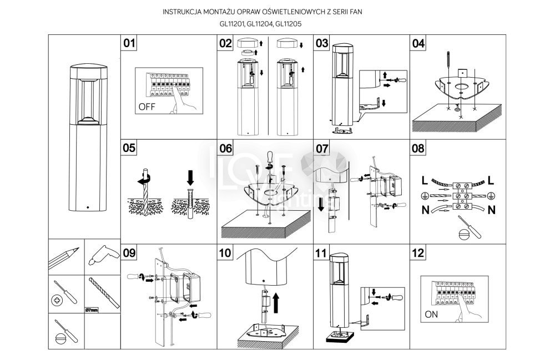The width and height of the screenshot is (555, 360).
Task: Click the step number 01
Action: [x=129, y=43]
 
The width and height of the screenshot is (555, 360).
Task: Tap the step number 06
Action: [x=225, y=148]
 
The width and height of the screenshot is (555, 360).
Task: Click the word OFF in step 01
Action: [x=147, y=108]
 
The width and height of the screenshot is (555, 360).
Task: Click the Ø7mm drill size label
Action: [x=92, y=309]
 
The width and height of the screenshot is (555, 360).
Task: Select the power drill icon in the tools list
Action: [x=101, y=256]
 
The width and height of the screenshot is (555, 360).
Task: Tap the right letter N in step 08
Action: [x=492, y=210]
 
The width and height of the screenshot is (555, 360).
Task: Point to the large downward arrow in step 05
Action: [x=190, y=178]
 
